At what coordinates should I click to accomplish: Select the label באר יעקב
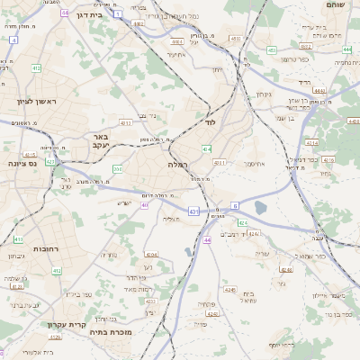(x=99, y=140)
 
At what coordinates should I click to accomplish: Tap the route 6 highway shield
(x=235, y=205)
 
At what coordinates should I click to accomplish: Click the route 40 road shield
(x=144, y=205)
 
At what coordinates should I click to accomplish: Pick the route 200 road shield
(x=117, y=168)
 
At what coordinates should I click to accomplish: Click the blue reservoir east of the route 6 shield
(x=261, y=208)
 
